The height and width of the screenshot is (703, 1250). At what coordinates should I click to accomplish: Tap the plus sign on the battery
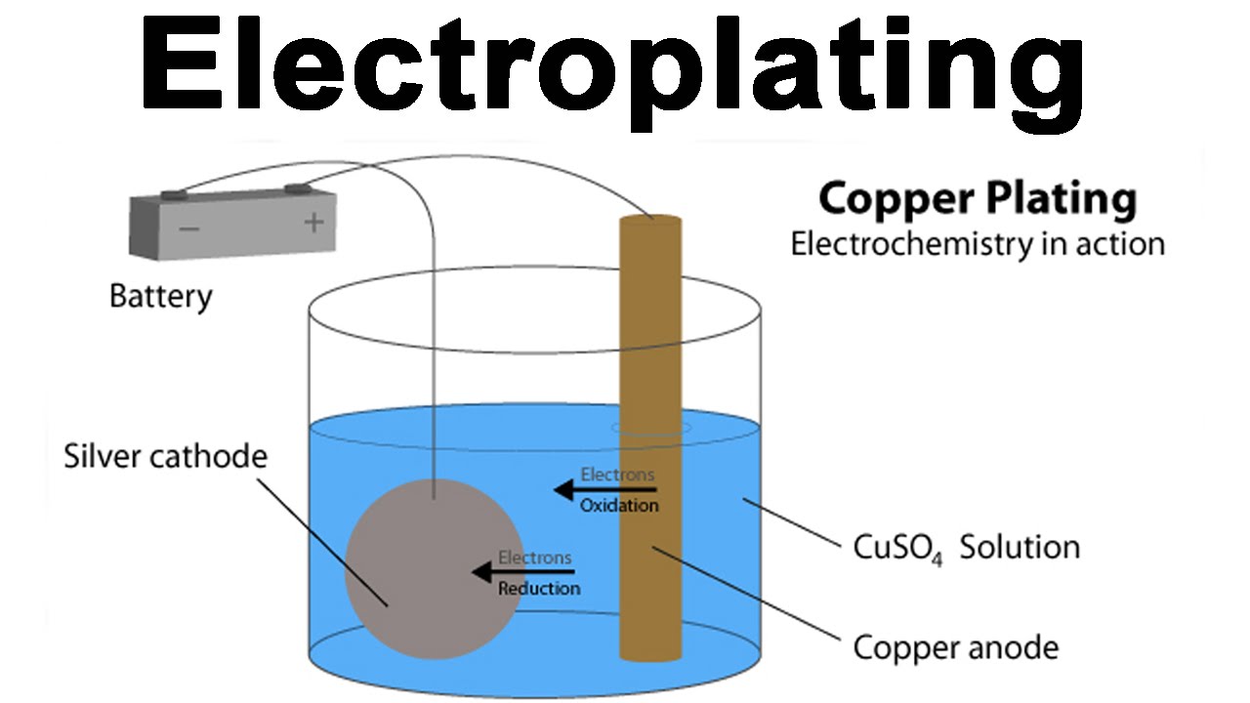312,223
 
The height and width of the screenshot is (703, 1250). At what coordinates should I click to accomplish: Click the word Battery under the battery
160,296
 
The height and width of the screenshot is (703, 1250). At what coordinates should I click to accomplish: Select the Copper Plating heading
978,199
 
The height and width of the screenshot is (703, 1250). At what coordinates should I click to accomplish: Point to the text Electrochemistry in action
978,243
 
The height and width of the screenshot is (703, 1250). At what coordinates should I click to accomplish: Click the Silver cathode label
165,456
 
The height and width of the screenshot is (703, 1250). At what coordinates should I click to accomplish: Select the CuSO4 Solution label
967,547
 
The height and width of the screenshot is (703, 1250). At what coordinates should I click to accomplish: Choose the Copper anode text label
955,646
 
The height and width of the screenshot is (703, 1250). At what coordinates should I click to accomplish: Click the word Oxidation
619,506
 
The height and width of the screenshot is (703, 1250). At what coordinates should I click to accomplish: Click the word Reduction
539,589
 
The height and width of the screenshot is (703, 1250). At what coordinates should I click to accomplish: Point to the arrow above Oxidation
605,490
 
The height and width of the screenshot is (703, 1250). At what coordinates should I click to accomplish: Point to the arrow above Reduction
523,573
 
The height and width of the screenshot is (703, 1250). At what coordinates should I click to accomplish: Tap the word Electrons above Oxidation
617,475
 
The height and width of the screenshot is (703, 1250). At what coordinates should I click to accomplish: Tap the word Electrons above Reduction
535,558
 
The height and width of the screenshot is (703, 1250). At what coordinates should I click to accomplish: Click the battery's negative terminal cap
177,195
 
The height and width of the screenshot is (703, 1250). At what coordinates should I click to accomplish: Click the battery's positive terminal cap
296,187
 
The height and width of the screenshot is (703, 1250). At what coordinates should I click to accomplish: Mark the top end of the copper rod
650,222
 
